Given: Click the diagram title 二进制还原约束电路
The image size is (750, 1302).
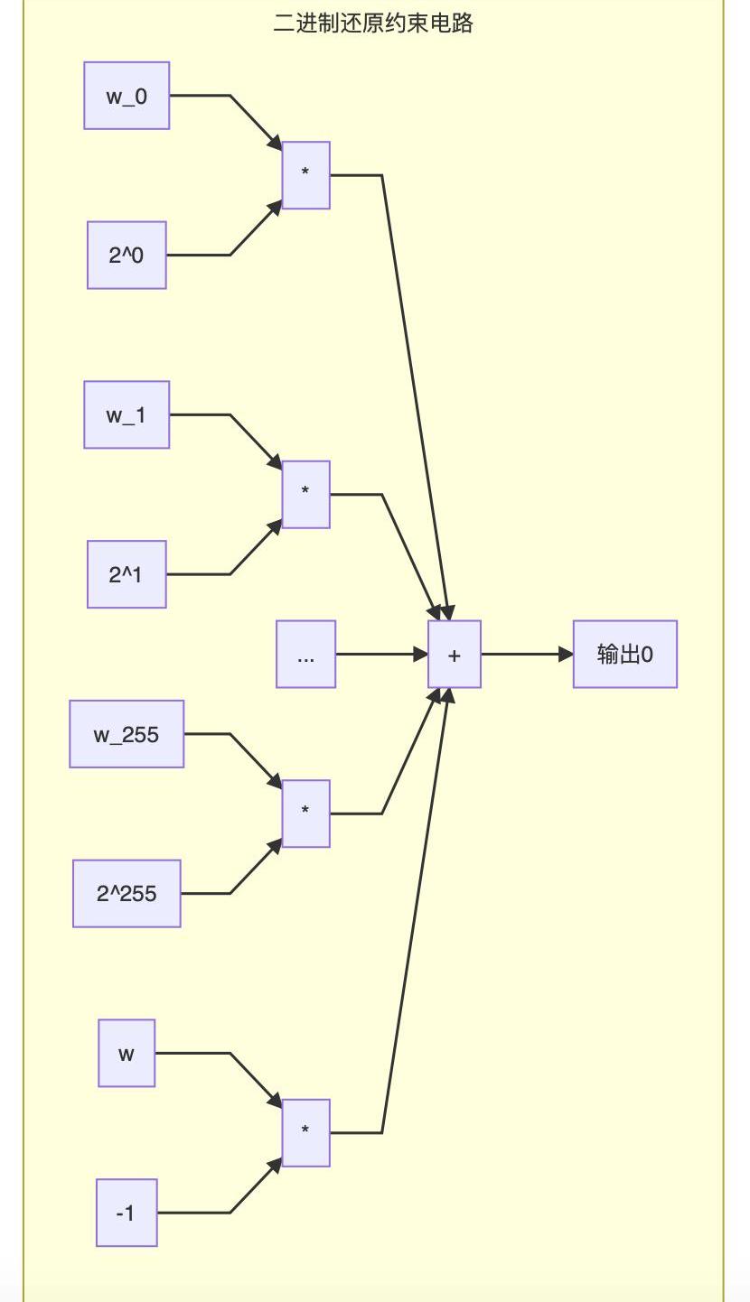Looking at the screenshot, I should tap(373, 23).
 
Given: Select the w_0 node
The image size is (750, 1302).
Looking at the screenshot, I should tap(127, 96).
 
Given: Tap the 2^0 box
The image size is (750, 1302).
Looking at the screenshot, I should tap(127, 256).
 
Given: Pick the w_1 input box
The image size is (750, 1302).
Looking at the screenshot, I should tap(127, 414).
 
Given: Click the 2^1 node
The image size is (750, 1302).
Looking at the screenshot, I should tap(127, 574).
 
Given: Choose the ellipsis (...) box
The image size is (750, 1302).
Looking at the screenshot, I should tap(305, 655).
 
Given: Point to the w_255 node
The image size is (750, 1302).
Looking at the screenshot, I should tap(127, 734).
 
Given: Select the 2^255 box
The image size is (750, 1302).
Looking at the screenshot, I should tap(127, 894).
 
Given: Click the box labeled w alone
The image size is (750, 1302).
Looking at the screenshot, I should tap(127, 1053).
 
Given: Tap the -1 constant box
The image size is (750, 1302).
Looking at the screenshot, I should tap(127, 1213).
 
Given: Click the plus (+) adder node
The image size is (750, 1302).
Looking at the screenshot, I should tap(454, 655).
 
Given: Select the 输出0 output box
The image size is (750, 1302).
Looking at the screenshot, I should tap(624, 655).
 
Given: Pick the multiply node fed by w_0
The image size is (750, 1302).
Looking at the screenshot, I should tap(305, 175).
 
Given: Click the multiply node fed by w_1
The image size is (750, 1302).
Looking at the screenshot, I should tap(305, 495).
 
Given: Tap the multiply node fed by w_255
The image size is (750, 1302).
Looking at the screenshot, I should tap(305, 814).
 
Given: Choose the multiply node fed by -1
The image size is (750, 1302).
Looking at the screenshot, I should tap(305, 1133).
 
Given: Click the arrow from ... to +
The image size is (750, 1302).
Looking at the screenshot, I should tap(380, 654).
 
